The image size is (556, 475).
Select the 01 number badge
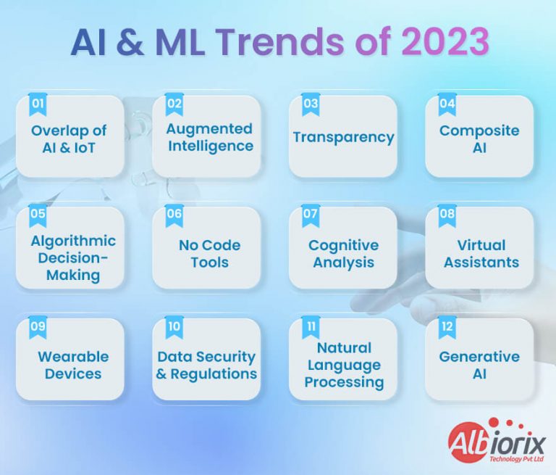pyautogui.click(x=38, y=104)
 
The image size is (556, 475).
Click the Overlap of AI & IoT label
pyautogui.click(x=69, y=139)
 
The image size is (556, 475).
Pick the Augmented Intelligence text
pyautogui.click(x=209, y=137)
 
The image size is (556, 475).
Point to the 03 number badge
pyautogui.click(x=311, y=104)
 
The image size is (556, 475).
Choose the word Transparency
pyautogui.click(x=343, y=137)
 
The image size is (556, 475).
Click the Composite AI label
pyautogui.click(x=479, y=139)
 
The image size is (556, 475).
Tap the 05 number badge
pyautogui.click(x=38, y=215)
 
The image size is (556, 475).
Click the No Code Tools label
pyautogui.click(x=208, y=253)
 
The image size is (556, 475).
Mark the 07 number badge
pyautogui.click(x=311, y=215)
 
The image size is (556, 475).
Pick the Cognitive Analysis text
pyautogui.click(x=343, y=253)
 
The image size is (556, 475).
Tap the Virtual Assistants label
pyautogui.click(x=481, y=253)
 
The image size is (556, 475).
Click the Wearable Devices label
pyautogui.click(x=73, y=365)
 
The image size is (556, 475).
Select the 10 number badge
pyautogui.click(x=174, y=326)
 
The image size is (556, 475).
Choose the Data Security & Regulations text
pyautogui.click(x=207, y=365)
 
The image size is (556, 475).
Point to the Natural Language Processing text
pyautogui.click(x=344, y=365)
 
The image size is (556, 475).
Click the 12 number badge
pyautogui.click(x=447, y=326)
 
